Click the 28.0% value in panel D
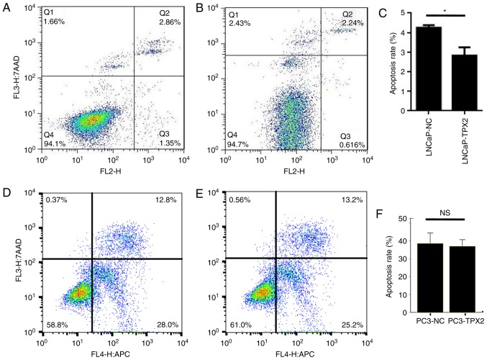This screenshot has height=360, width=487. pyautogui.click(x=165, y=325)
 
